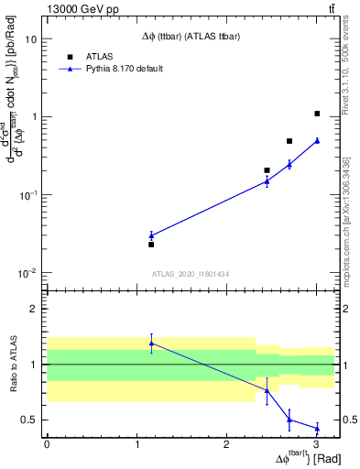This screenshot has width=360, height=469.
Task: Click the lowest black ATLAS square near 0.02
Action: (x=151, y=245)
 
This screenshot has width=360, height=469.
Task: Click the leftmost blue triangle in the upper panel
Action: (x=151, y=235)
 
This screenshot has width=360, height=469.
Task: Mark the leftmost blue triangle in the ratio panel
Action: (x=151, y=344)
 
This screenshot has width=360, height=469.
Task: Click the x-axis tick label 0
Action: (x=47, y=443)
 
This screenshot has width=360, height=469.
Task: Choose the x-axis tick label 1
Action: (x=136, y=443)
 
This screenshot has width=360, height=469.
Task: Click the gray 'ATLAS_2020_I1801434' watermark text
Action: (x=191, y=274)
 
